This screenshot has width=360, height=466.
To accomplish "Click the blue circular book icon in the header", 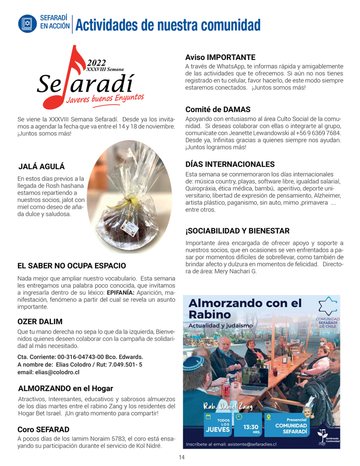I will point(27,24).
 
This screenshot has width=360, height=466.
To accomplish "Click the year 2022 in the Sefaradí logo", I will point(96,63).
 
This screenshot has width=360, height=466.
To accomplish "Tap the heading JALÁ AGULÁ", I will point(42,166).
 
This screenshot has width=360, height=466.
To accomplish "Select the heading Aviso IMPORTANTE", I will point(220,57).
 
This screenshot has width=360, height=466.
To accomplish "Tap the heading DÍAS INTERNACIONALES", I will point(230,164).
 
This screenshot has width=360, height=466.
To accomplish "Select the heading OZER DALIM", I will point(40,322).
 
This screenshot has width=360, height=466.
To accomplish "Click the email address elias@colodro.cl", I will point(49,372).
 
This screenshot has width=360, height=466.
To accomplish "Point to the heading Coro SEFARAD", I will point(43,429).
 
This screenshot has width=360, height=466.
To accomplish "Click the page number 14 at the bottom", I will point(182,457).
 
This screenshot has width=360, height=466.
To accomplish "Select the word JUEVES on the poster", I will point(218,429).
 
